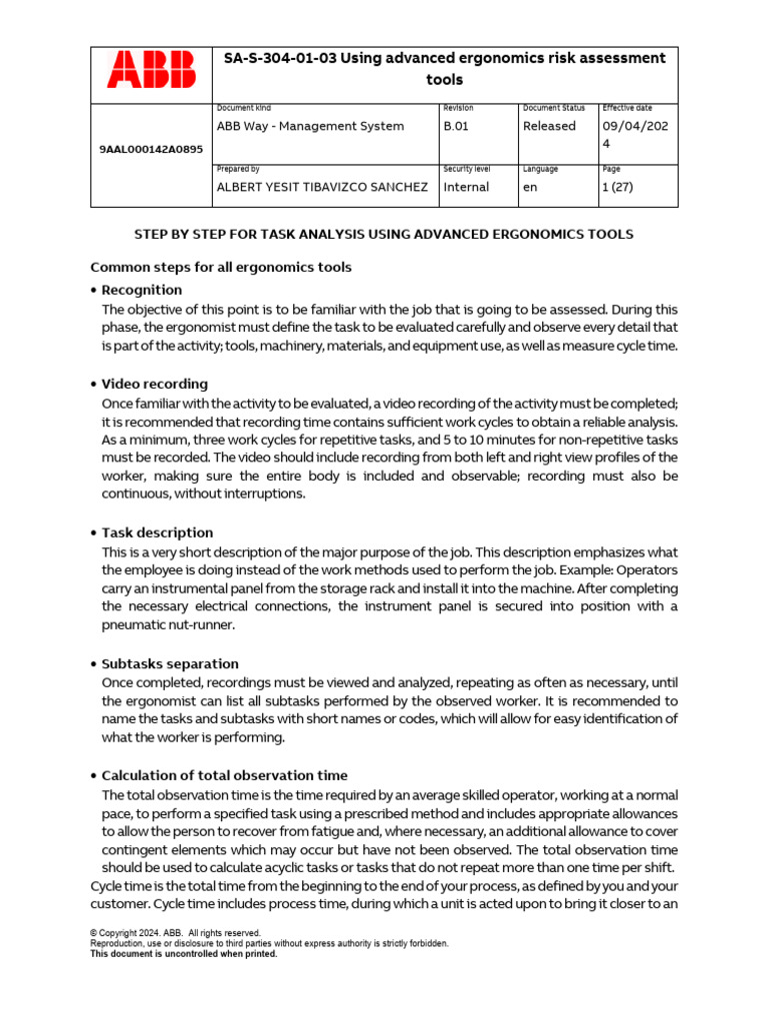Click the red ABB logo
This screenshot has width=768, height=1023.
[x=152, y=73]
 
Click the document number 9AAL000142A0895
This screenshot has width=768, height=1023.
[x=151, y=149]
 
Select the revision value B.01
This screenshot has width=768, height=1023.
[x=461, y=126]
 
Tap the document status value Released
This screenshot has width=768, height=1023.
[x=549, y=126]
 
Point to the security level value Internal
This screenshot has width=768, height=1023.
[x=466, y=187]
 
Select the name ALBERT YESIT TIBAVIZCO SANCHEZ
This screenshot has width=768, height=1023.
[x=322, y=187]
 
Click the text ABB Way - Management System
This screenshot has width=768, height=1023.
[x=310, y=126]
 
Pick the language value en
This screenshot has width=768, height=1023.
[x=530, y=187]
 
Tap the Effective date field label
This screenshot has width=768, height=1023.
[x=626, y=108]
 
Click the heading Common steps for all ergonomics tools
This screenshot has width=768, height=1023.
[x=221, y=268]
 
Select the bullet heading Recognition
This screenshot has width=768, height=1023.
[x=141, y=290]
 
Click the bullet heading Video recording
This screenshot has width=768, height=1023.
[x=154, y=384]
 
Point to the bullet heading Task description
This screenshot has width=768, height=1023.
[x=157, y=532]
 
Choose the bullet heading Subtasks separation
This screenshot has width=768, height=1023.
[x=170, y=663]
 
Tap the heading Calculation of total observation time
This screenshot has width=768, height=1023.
[x=224, y=775]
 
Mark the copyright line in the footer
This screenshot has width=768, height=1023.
[x=175, y=933]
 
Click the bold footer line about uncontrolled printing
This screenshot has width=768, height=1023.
[x=183, y=954]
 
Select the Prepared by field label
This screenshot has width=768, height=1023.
[x=238, y=169]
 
